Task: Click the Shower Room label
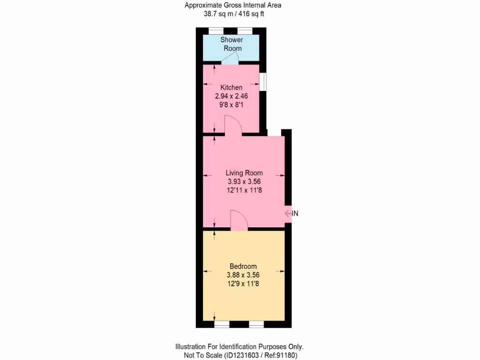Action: (231, 44)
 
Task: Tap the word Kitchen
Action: (231, 88)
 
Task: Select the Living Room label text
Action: (244, 173)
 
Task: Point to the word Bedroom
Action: (243, 266)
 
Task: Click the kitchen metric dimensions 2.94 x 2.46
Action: (231, 96)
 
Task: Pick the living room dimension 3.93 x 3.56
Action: (244, 181)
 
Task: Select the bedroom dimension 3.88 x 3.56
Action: (243, 275)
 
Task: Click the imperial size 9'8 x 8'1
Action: (231, 105)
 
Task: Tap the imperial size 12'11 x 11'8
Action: (244, 190)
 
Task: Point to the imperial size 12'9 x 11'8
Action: (243, 284)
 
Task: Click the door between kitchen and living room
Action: (233, 127)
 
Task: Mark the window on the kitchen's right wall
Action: (263, 81)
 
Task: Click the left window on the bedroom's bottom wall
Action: (222, 324)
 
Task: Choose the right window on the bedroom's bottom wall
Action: (256, 324)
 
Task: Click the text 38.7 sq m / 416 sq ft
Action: (233, 14)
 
